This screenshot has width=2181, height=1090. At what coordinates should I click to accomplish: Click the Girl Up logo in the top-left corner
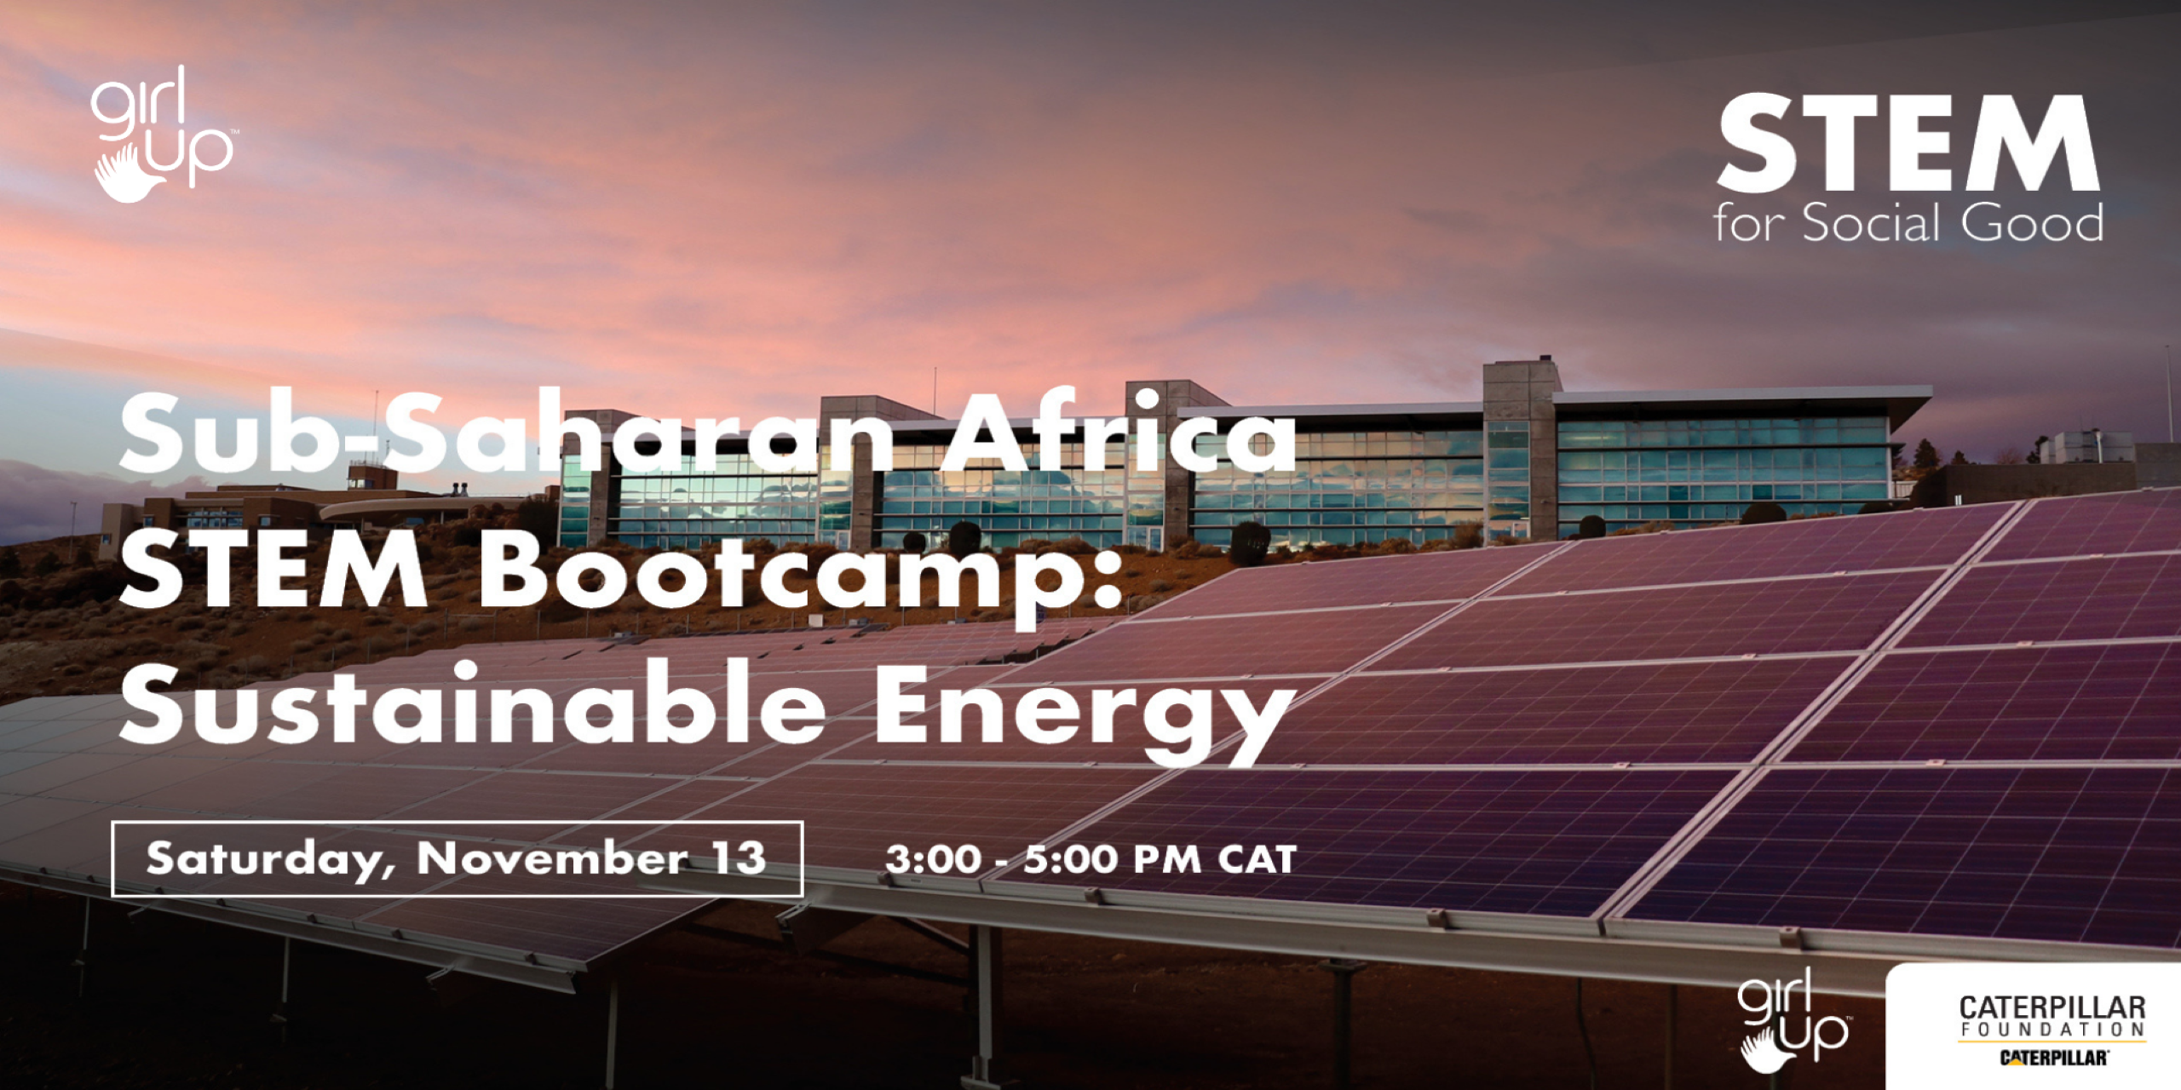click(x=162, y=135)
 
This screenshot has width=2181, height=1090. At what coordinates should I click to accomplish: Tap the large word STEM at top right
click(x=1908, y=144)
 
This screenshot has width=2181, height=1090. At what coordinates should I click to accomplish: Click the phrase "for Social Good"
click(x=1908, y=223)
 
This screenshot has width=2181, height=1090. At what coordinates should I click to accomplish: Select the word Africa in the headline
click(x=1117, y=434)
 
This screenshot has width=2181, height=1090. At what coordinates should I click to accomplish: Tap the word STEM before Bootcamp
click(x=273, y=571)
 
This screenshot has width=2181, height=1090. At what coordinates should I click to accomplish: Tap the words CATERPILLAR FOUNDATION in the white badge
click(x=2052, y=1017)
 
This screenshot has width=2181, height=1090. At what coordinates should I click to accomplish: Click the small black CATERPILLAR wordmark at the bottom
click(x=2053, y=1058)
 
